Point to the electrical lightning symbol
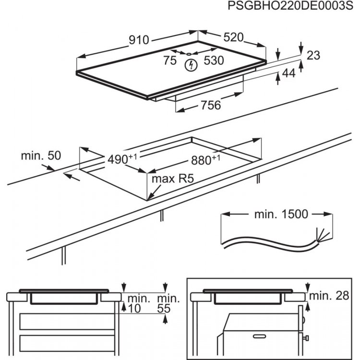tap(191, 64)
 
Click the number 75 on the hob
tap(169, 60)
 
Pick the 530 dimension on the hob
tap(214, 60)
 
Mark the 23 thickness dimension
tap(313, 55)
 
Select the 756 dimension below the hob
tap(210, 105)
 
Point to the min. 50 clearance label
tap(41, 156)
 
